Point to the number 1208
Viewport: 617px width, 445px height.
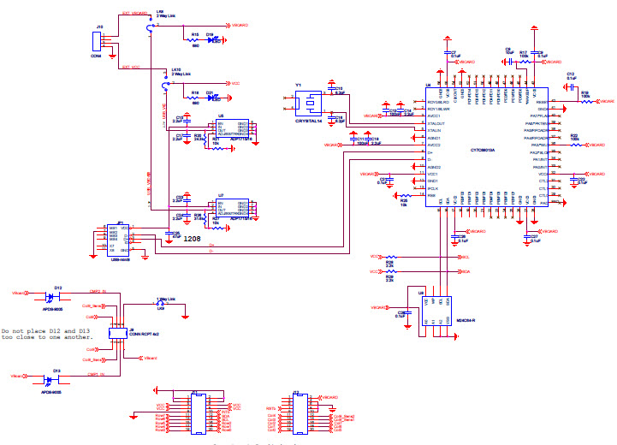pos(193,239)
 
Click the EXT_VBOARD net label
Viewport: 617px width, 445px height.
pos(134,15)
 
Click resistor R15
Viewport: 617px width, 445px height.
pos(195,39)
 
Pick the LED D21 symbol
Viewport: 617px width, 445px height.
pos(211,98)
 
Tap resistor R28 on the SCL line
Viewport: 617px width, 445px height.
pos(392,257)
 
